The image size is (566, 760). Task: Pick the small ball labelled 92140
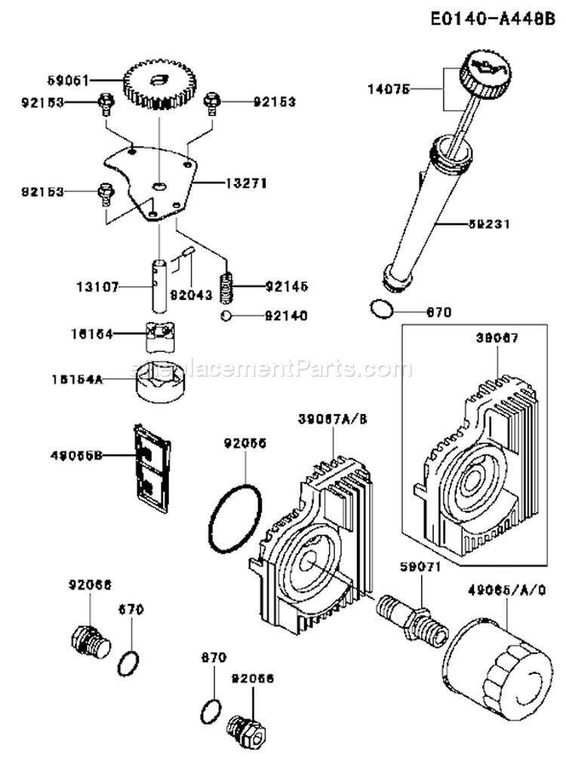click(x=226, y=316)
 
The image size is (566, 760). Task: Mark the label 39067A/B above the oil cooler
click(x=328, y=419)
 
